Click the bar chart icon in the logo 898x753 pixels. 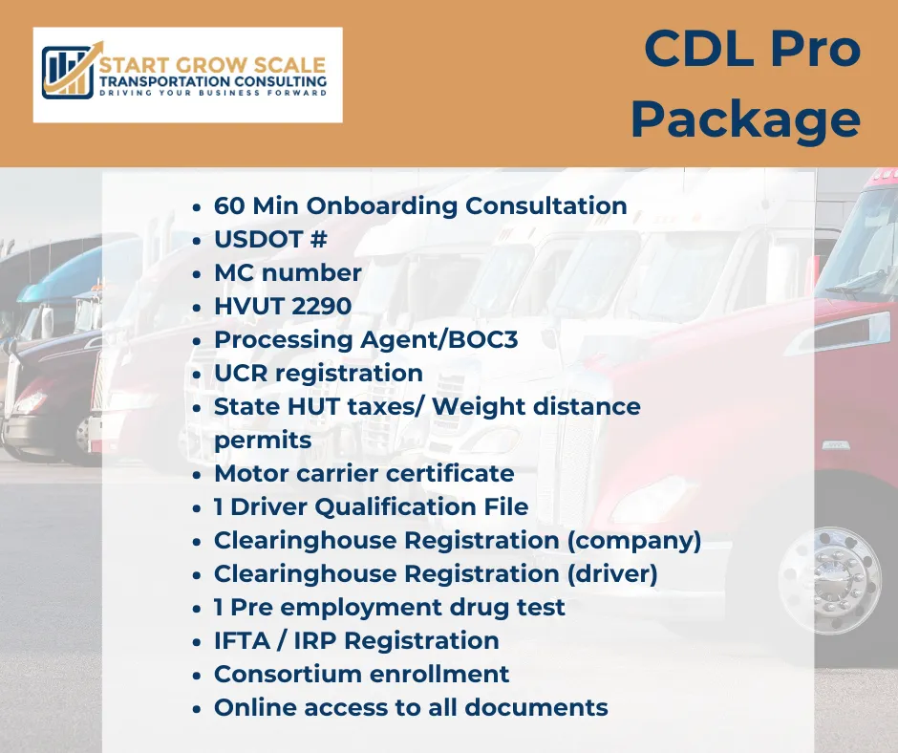(x=68, y=73)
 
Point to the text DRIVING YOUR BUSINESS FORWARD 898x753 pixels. (x=213, y=93)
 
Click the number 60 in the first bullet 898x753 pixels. (x=229, y=205)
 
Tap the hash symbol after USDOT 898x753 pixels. (x=318, y=239)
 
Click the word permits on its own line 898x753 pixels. (x=263, y=441)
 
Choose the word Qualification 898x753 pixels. (x=396, y=506)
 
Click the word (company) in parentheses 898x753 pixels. (x=634, y=541)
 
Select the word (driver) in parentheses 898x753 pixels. (x=612, y=574)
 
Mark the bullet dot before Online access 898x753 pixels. (x=197, y=709)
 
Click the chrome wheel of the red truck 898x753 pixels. (x=829, y=580)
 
